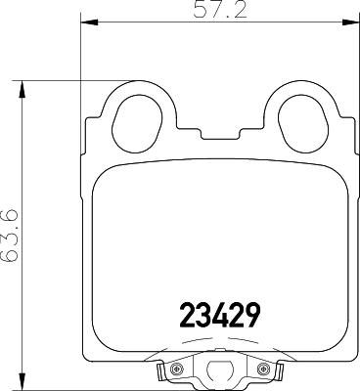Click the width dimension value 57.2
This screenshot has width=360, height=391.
pyautogui.click(x=220, y=11)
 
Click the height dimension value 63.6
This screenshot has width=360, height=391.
pyautogui.click(x=11, y=237)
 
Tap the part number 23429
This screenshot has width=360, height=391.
pyautogui.click(x=220, y=315)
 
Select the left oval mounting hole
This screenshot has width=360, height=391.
pyautogui.click(x=137, y=124)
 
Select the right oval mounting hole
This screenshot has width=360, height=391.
pyautogui.click(x=303, y=124)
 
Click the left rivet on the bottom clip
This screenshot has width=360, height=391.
pyautogui.click(x=177, y=369)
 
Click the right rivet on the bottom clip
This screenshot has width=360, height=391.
pyautogui.click(x=262, y=369)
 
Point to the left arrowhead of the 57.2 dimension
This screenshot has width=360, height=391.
pyautogui.click(x=89, y=22)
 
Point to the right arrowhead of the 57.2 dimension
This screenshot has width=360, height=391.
pyautogui.click(x=350, y=22)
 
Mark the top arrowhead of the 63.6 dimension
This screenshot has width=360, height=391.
pyautogui.click(x=22, y=89)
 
